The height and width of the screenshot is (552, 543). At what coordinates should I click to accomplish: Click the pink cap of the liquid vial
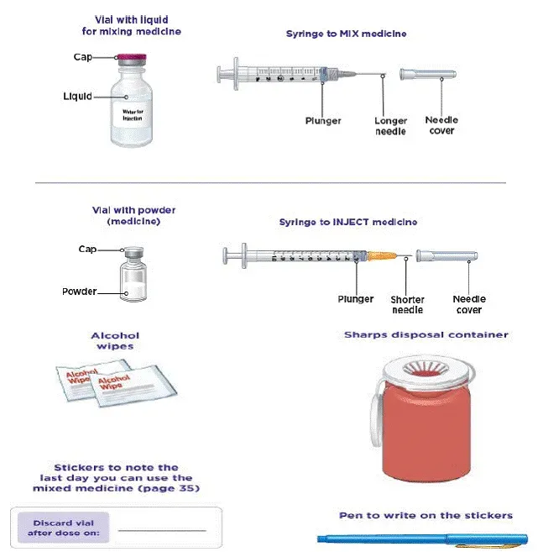coord(132,58)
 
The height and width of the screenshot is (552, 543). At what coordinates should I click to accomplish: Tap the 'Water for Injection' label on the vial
coord(133,114)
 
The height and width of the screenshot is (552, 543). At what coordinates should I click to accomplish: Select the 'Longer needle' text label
coord(390,126)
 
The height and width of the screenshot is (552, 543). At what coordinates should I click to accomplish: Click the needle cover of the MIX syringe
coord(428,74)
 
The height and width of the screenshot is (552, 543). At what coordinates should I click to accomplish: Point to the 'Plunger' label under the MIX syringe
coord(323,121)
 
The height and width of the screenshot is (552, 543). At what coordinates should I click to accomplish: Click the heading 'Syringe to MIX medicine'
coord(347,34)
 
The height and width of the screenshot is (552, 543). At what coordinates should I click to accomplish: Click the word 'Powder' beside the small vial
coord(80,292)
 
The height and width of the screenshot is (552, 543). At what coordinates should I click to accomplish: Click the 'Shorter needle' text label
coord(407,305)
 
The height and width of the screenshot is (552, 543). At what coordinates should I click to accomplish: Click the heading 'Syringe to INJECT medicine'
coord(347,223)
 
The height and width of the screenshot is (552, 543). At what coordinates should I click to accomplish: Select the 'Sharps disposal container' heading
coord(426,334)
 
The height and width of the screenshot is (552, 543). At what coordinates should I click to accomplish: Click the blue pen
coord(420,539)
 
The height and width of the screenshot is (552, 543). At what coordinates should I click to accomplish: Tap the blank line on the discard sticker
coord(161,530)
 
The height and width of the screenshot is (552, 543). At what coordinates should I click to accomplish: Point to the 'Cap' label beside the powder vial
coord(87,250)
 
